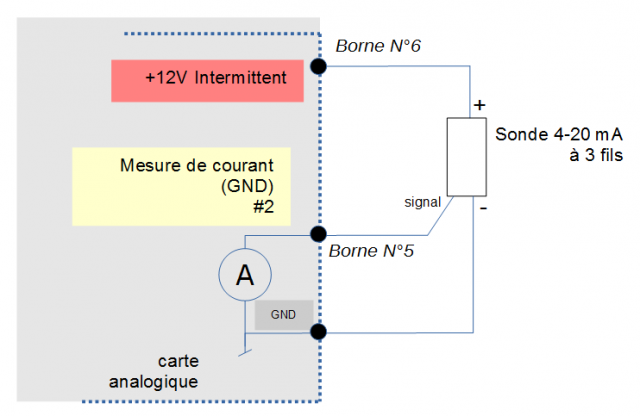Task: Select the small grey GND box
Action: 283,314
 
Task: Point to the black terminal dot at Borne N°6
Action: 319,66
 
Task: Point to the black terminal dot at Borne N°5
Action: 319,232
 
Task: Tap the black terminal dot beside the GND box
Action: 319,331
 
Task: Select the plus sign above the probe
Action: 479,104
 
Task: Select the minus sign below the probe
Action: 482,208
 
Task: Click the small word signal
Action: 423,202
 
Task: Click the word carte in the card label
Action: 178,361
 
